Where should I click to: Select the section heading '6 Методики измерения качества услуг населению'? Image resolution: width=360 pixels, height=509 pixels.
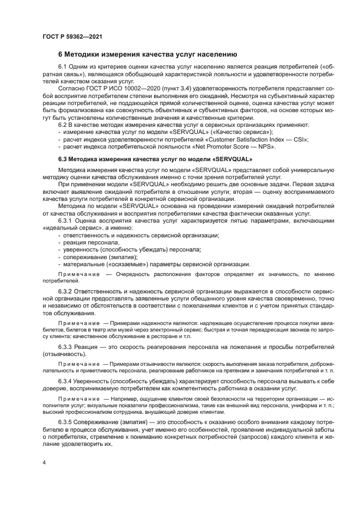[x=147, y=54]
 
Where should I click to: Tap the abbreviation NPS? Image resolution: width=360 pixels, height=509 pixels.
[x=266, y=146]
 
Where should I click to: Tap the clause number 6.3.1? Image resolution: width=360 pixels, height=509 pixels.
[x=66, y=220]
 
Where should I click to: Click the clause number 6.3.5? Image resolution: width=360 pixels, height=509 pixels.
[x=66, y=422]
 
